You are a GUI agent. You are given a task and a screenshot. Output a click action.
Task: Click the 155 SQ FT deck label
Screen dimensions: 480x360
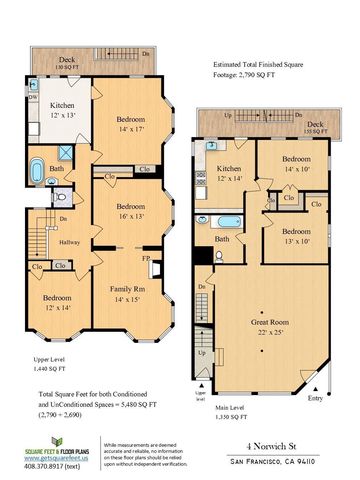click(x=314, y=128)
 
